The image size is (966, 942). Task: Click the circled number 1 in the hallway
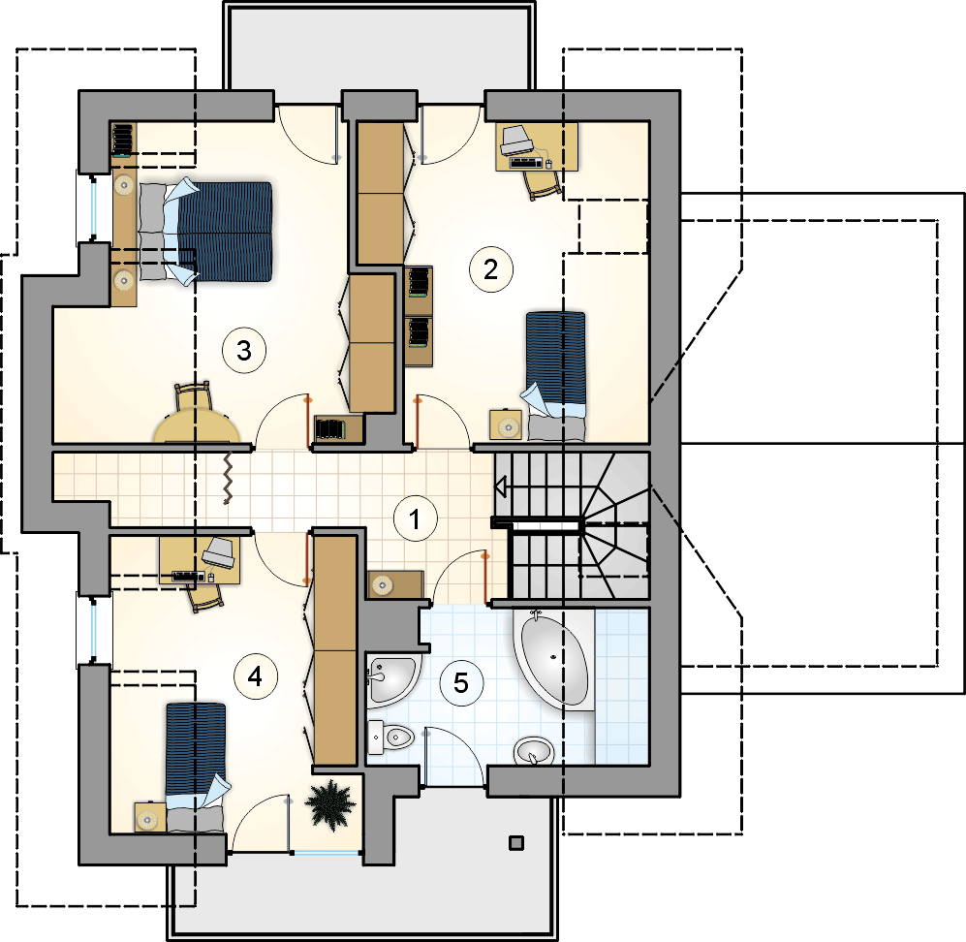416,518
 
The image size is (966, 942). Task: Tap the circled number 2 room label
490,269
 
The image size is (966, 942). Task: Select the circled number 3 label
244,351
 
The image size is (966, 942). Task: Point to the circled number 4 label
255,677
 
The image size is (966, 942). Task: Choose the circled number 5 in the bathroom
461,683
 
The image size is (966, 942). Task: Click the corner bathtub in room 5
554,659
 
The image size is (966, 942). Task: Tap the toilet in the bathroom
390,737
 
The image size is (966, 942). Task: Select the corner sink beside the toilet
391,680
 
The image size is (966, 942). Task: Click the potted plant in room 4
330,805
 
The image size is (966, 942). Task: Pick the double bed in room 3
205,232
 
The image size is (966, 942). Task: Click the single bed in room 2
555,376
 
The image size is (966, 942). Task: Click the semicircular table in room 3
197,427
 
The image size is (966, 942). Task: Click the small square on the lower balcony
516,843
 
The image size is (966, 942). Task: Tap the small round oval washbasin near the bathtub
534,751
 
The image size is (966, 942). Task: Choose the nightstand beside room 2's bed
506,425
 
